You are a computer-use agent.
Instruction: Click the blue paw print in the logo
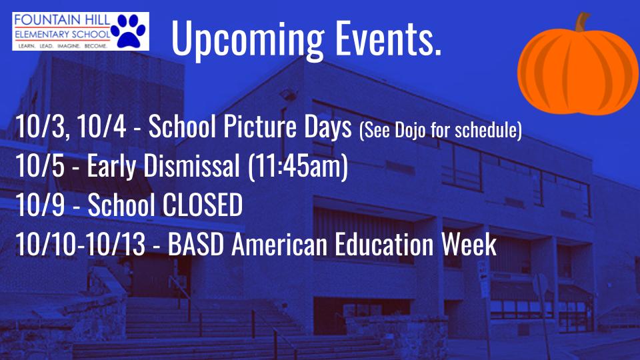pyautogui.click(x=129, y=31)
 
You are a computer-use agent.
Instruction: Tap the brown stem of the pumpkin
pyautogui.click(x=583, y=21)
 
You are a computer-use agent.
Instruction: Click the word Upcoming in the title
pyautogui.click(x=247, y=38)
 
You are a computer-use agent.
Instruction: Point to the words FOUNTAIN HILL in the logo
pyautogui.click(x=62, y=19)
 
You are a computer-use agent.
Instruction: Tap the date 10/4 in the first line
pyautogui.click(x=101, y=127)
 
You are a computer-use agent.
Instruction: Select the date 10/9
pyautogui.click(x=40, y=205)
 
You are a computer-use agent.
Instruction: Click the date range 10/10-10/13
pyautogui.click(x=80, y=244)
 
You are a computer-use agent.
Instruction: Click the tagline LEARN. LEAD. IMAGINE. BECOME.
pyautogui.click(x=63, y=46)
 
